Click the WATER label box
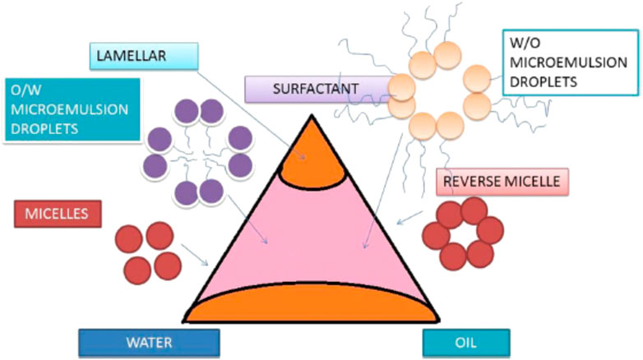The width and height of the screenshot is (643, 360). pyautogui.click(x=149, y=342)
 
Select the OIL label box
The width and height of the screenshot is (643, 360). pyautogui.click(x=466, y=342)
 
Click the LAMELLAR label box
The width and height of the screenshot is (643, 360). pyautogui.click(x=142, y=55)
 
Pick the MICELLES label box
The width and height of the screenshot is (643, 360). pyautogui.click(x=57, y=215)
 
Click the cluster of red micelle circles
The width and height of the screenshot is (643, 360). pyautogui.click(x=146, y=252)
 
